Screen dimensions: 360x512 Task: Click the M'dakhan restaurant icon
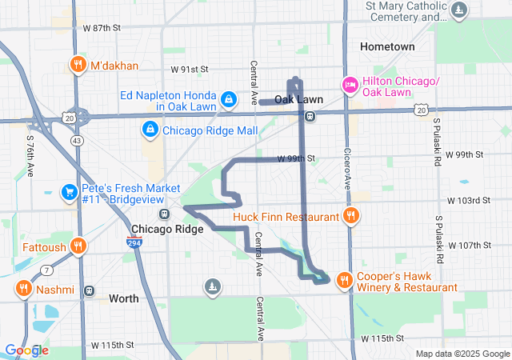(x=78, y=65)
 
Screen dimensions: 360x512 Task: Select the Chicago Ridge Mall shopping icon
(x=150, y=130)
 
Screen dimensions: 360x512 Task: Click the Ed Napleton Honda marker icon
(x=229, y=99)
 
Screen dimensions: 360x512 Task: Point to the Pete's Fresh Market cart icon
(x=70, y=193)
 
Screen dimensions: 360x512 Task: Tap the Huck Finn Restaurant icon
(x=350, y=215)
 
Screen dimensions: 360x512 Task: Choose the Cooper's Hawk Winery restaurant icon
(x=344, y=280)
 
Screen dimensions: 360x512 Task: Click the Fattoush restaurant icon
(x=78, y=247)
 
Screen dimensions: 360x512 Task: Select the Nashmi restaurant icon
(x=23, y=289)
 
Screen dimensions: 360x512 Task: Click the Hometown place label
(x=387, y=46)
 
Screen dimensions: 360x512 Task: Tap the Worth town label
(x=123, y=298)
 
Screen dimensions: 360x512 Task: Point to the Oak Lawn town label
(x=298, y=99)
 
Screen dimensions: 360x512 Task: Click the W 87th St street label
(x=102, y=27)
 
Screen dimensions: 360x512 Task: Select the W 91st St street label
(x=190, y=70)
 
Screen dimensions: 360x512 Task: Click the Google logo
(x=26, y=350)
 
